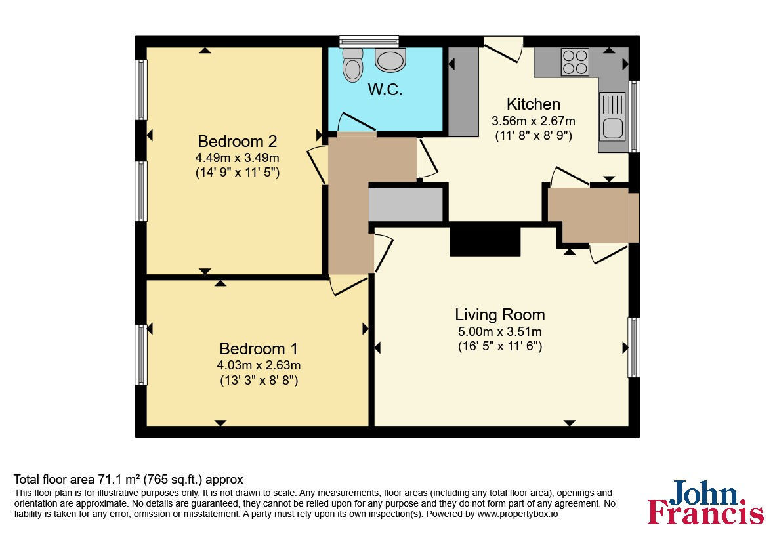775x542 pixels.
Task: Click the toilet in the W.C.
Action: pyautogui.click(x=352, y=65)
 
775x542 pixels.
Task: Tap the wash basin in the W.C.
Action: pyautogui.click(x=390, y=60)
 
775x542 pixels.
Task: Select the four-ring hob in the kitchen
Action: pyautogui.click(x=576, y=62)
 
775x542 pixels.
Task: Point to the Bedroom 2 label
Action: pyautogui.click(x=238, y=141)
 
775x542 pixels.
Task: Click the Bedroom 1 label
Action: pyautogui.click(x=259, y=349)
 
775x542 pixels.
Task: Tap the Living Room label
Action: pyautogui.click(x=499, y=315)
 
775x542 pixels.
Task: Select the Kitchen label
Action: pyautogui.click(x=534, y=104)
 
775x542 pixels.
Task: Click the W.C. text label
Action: pyautogui.click(x=385, y=89)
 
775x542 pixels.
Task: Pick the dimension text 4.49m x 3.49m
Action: pyautogui.click(x=238, y=158)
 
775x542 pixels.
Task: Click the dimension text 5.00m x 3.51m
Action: pyautogui.click(x=499, y=331)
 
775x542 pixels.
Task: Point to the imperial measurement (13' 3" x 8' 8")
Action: pyautogui.click(x=259, y=381)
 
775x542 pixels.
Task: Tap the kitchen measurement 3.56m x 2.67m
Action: pyautogui.click(x=534, y=121)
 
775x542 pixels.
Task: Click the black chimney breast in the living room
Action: pyautogui.click(x=485, y=239)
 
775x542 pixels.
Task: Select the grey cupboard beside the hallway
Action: pyautogui.click(x=406, y=205)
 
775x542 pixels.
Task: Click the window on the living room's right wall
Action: pyautogui.click(x=634, y=347)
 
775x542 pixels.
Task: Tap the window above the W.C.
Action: pyautogui.click(x=369, y=41)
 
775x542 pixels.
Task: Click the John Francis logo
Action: pyautogui.click(x=706, y=502)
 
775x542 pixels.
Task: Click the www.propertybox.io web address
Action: pyautogui.click(x=518, y=514)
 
